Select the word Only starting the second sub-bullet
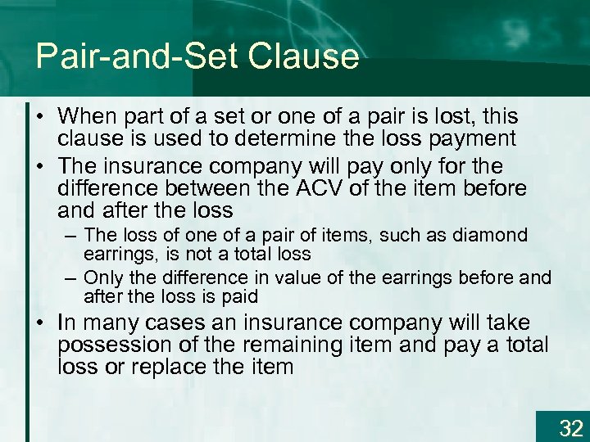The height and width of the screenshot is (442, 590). coord(102,278)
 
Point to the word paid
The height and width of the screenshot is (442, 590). coord(240,296)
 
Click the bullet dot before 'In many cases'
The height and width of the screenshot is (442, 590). coord(42,323)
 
